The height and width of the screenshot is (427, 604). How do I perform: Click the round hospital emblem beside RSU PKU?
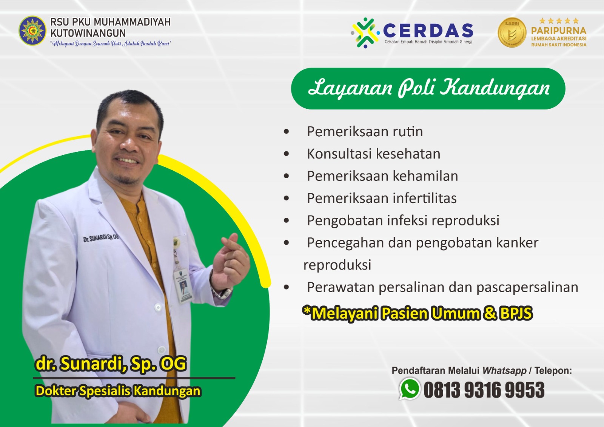(32, 31)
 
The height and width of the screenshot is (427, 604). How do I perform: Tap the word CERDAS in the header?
(428, 31)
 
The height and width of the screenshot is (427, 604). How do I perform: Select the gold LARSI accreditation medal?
(512, 33)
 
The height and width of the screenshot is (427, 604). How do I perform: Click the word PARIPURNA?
(558, 31)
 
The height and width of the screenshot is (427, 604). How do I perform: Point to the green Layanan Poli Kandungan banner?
(428, 88)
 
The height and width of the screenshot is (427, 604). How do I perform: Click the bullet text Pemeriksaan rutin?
(365, 132)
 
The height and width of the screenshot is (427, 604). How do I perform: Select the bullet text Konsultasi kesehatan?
(373, 154)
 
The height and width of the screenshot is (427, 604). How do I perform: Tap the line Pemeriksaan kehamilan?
(382, 176)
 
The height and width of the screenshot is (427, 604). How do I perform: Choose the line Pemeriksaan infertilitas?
(382, 199)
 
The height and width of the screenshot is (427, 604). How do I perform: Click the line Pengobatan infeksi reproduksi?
(403, 220)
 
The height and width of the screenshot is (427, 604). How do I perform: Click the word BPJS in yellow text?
(516, 313)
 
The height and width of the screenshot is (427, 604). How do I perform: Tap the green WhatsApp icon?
(410, 389)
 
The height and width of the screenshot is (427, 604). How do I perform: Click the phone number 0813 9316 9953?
(484, 390)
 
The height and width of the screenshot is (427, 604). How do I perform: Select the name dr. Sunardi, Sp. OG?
(111, 364)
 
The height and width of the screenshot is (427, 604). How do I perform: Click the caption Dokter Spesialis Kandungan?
(117, 391)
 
